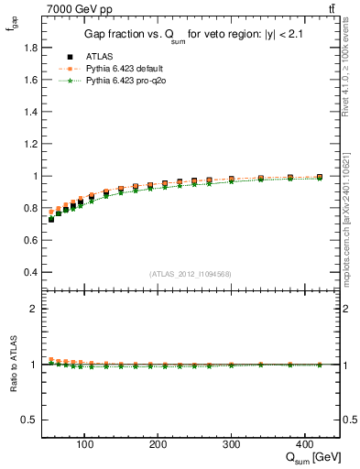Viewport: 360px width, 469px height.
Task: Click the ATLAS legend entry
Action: [97, 57]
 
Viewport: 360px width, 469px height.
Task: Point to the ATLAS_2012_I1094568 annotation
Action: [191, 273]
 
